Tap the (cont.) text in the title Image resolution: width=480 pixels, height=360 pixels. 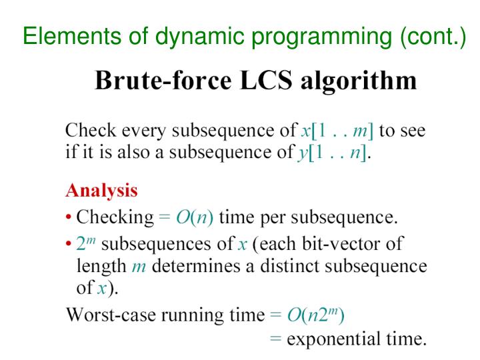coord(433,36)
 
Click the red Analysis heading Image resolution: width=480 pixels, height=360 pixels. coord(101,190)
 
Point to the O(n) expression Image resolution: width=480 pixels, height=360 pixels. coord(195,217)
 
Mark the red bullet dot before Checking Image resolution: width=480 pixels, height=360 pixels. coord(69,217)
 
